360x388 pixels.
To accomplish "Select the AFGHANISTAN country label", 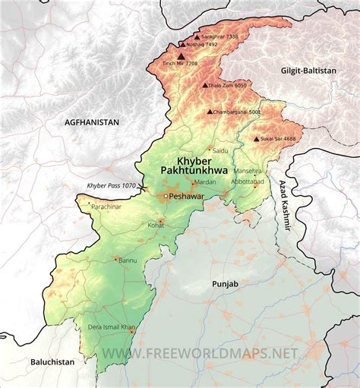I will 93,121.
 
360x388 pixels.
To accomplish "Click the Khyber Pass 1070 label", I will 111,186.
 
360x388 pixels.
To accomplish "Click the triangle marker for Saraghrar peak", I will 197,36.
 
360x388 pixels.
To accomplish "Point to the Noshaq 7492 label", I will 201,45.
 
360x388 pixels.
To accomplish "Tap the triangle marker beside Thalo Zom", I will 205,86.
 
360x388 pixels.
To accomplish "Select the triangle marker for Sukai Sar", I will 256,139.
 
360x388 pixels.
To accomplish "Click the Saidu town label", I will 220,150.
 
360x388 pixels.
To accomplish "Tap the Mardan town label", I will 205,182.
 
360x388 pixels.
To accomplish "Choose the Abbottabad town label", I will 248,183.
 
